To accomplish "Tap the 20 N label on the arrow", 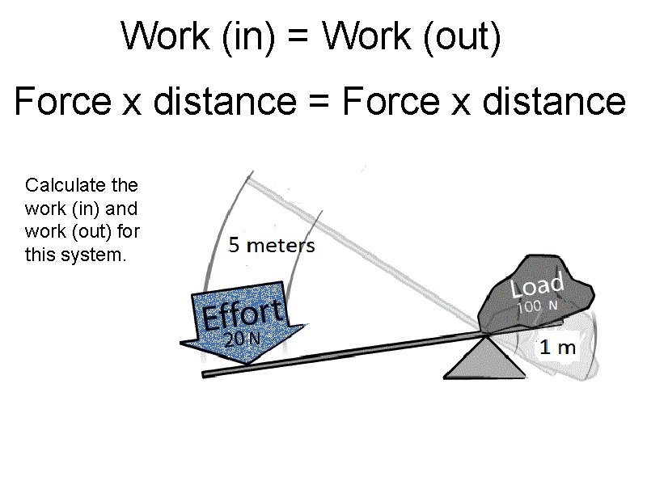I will [x=242, y=339].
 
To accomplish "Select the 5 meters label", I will [x=272, y=245].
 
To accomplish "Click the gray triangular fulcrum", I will [x=485, y=360].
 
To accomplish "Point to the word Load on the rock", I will [x=536, y=285].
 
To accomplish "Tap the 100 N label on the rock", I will [x=538, y=306].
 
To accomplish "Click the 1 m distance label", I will [x=558, y=348].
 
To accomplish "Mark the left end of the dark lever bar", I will [x=207, y=373].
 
